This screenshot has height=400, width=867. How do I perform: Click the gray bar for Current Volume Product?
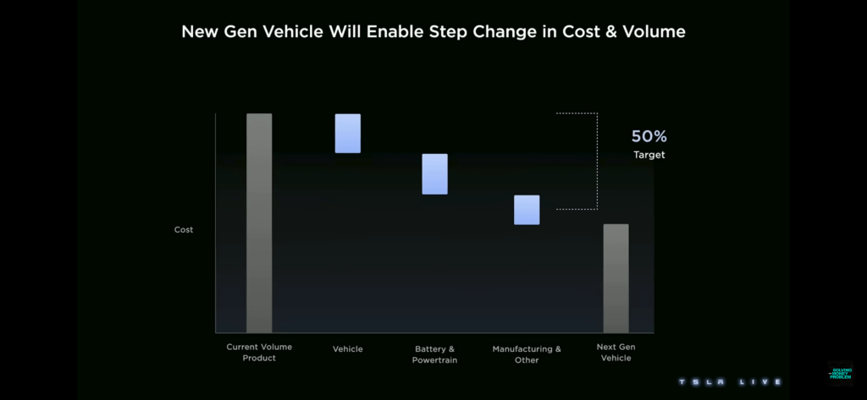(259, 222)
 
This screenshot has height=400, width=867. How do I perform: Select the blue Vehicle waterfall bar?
(347, 134)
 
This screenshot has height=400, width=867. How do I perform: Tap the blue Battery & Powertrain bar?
(434, 174)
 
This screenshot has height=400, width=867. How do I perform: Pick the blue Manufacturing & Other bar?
(527, 210)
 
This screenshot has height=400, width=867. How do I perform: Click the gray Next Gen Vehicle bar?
(616, 278)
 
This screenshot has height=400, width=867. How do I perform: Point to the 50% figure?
(649, 136)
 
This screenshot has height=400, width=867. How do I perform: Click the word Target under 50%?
(649, 156)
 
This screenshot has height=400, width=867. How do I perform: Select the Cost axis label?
(184, 230)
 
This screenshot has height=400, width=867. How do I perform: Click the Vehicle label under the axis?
(348, 349)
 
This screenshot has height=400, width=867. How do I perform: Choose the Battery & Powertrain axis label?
(434, 354)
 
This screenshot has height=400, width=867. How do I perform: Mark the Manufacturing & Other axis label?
(527, 354)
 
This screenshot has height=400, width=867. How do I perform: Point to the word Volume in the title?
(652, 33)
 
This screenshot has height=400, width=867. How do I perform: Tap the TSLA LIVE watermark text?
(729, 382)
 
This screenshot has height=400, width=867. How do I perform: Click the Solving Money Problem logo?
(841, 373)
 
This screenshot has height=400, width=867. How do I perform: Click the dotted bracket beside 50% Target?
(596, 161)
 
